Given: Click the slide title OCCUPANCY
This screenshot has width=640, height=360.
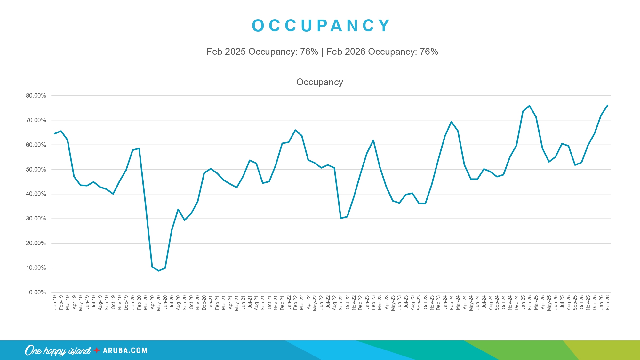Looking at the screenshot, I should click(321, 26).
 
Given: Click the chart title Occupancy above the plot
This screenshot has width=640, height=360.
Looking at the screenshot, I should click(319, 82).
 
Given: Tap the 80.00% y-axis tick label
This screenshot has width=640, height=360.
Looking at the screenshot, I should click(36, 96).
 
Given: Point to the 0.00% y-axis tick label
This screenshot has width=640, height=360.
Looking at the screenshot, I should click(37, 292).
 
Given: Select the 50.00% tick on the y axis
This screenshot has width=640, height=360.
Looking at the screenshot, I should click(36, 170).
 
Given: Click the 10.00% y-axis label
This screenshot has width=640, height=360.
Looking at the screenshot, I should click(36, 268).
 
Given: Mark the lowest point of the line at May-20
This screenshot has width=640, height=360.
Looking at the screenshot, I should click(159, 271).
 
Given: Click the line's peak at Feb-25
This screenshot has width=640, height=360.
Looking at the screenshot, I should click(529, 106).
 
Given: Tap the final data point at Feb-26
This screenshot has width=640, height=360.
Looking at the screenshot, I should click(607, 105).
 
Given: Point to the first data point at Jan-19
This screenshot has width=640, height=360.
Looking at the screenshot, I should click(54, 133).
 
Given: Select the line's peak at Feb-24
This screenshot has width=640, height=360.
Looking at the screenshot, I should click(451, 122).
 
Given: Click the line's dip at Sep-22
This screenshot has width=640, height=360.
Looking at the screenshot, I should click(341, 218).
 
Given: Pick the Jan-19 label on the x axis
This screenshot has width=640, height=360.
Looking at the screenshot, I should click(55, 303).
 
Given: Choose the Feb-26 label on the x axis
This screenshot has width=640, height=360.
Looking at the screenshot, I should click(608, 303).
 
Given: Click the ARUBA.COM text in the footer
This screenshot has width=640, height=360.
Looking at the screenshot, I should click(125, 350).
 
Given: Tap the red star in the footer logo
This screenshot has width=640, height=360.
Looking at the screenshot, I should click(97, 350).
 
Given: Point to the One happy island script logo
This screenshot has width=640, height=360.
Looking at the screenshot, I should click(58, 351).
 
